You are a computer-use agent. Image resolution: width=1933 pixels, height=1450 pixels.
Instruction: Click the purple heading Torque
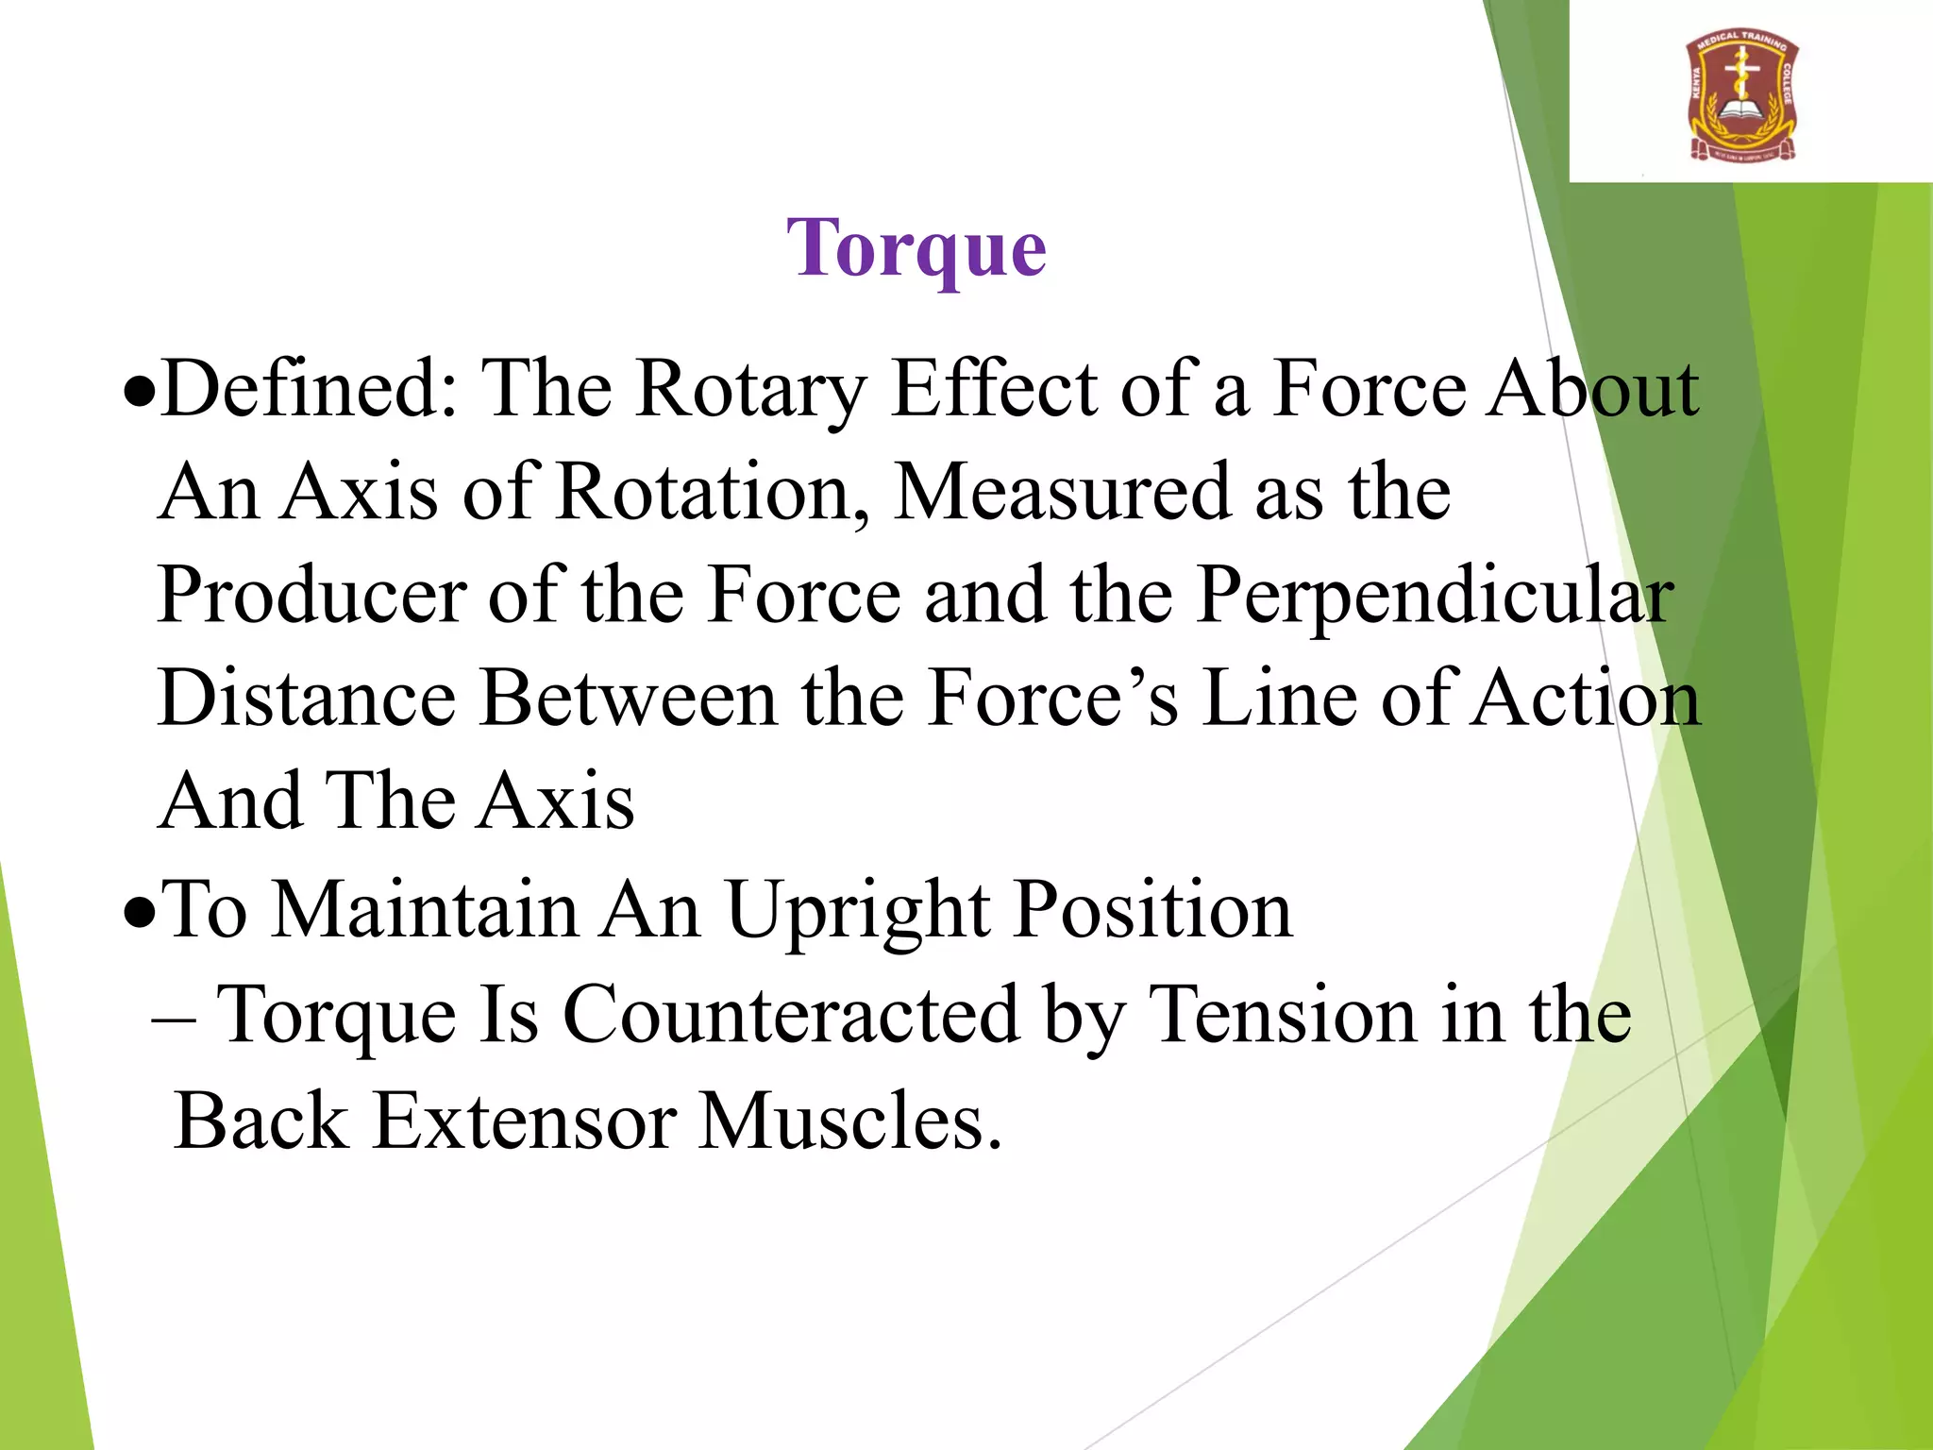(916, 248)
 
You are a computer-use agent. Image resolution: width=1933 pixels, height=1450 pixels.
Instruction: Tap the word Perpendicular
(1435, 598)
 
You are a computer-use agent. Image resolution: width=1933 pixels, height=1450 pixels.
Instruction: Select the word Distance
(308, 699)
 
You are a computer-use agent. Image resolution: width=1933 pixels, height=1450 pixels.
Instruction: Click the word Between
(628, 699)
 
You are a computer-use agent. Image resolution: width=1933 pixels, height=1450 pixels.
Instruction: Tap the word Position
(1152, 911)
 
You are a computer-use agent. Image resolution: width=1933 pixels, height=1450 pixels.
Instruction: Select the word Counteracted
(792, 1016)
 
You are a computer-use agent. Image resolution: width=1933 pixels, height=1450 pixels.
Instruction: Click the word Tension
(1284, 1016)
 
